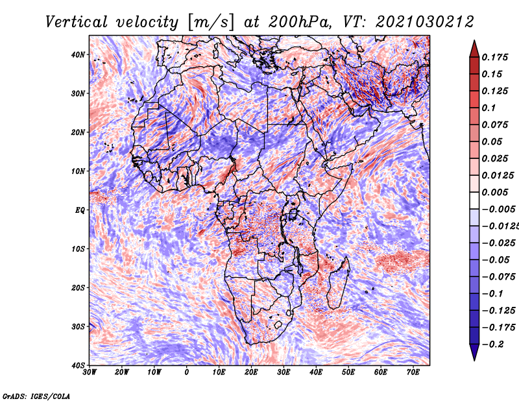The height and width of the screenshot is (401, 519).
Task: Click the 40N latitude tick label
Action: pyautogui.click(x=78, y=55)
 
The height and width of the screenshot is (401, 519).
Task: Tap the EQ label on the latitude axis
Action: pyautogui.click(x=80, y=210)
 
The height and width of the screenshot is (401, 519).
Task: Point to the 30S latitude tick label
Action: pyautogui.click(x=78, y=327)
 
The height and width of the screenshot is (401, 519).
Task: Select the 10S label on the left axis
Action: pyautogui.click(x=78, y=249)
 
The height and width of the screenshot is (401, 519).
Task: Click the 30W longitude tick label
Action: pyautogui.click(x=90, y=372)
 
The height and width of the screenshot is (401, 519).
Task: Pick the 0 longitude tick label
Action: pyautogui.click(x=187, y=372)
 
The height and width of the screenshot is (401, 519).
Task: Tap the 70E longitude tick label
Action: pyautogui.click(x=413, y=372)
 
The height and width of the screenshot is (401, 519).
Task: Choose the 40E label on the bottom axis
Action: pyautogui.click(x=316, y=372)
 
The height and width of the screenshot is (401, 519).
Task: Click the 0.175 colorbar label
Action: pyautogui.click(x=494, y=57)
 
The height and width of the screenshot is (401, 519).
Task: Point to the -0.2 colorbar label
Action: pyautogui.click(x=493, y=345)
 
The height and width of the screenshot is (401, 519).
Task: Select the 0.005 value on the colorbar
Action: pyautogui.click(x=494, y=192)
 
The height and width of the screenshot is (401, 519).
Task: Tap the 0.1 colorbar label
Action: pyautogui.click(x=489, y=108)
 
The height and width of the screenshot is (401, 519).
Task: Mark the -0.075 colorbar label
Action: pyautogui.click(x=499, y=277)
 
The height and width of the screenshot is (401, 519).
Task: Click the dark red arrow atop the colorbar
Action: pyautogui.click(x=474, y=49)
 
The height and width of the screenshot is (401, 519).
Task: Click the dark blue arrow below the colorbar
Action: pyautogui.click(x=474, y=352)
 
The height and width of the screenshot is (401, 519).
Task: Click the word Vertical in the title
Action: pyautogui.click(x=76, y=22)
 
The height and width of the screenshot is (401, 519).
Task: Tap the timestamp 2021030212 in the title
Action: pyautogui.click(x=425, y=22)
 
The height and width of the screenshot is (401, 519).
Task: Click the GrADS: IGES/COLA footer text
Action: pyautogui.click(x=36, y=396)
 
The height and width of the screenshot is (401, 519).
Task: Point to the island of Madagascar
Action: pyautogui.click(x=338, y=282)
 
